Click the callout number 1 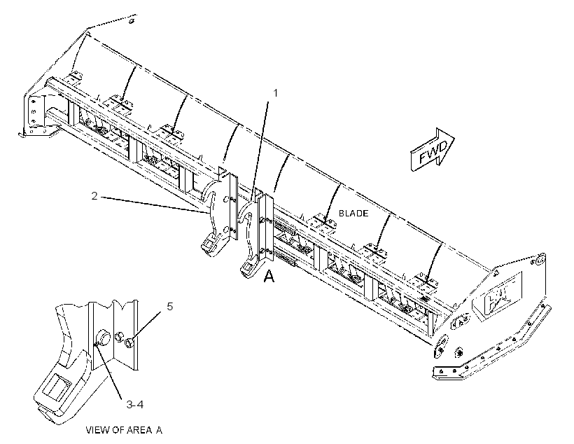coord(276,94)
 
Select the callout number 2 coord(94,196)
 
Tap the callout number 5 coord(170,306)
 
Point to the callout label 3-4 coord(134,405)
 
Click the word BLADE coord(353,213)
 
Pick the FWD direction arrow coord(432,149)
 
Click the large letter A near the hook coord(269,276)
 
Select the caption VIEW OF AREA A coord(124,430)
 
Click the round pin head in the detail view coord(102,339)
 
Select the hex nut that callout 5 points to coord(129,343)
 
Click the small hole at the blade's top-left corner coord(132,21)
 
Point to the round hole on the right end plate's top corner coord(539,261)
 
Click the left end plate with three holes coord(34,113)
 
